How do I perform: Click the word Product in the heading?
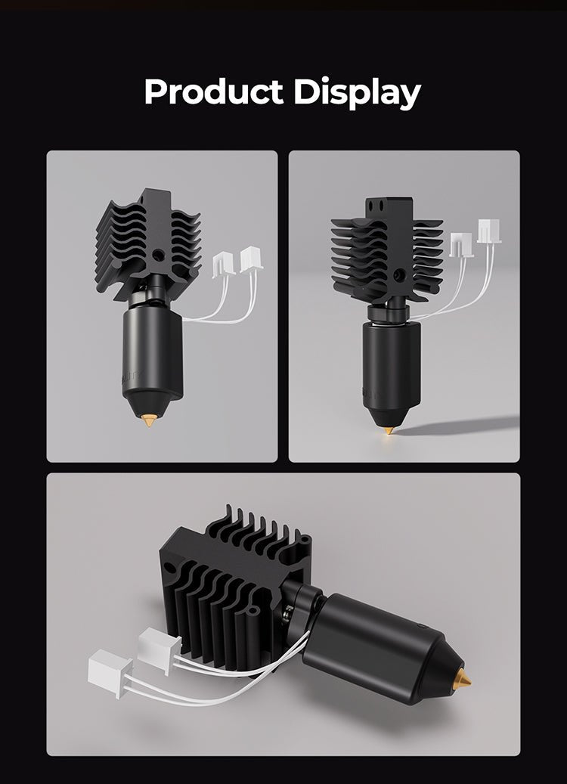(213, 92)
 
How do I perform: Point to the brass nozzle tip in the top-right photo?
(389, 429)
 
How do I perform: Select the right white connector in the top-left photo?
(250, 261)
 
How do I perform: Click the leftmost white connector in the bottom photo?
(110, 668)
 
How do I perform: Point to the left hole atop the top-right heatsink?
(373, 205)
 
